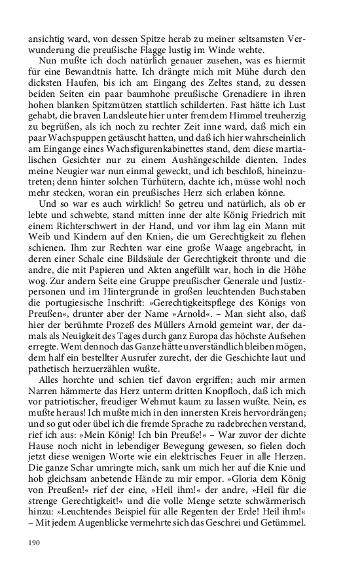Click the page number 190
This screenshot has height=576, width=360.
pyautogui.click(x=34, y=543)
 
